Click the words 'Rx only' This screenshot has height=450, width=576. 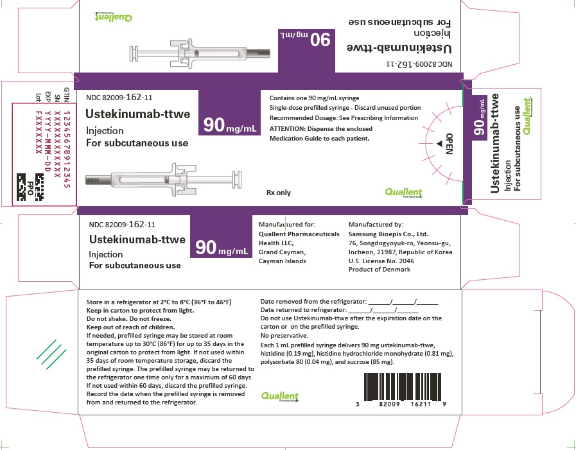pyautogui.click(x=279, y=192)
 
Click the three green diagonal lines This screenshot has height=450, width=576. pyautogui.click(x=50, y=350)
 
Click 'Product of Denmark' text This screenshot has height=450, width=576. pyautogui.click(x=379, y=270)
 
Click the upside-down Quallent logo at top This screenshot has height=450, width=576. pyautogui.click(x=113, y=18)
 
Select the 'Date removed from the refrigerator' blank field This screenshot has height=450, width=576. pyautogui.click(x=403, y=301)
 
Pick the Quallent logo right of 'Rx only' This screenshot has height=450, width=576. pyautogui.click(x=403, y=192)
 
